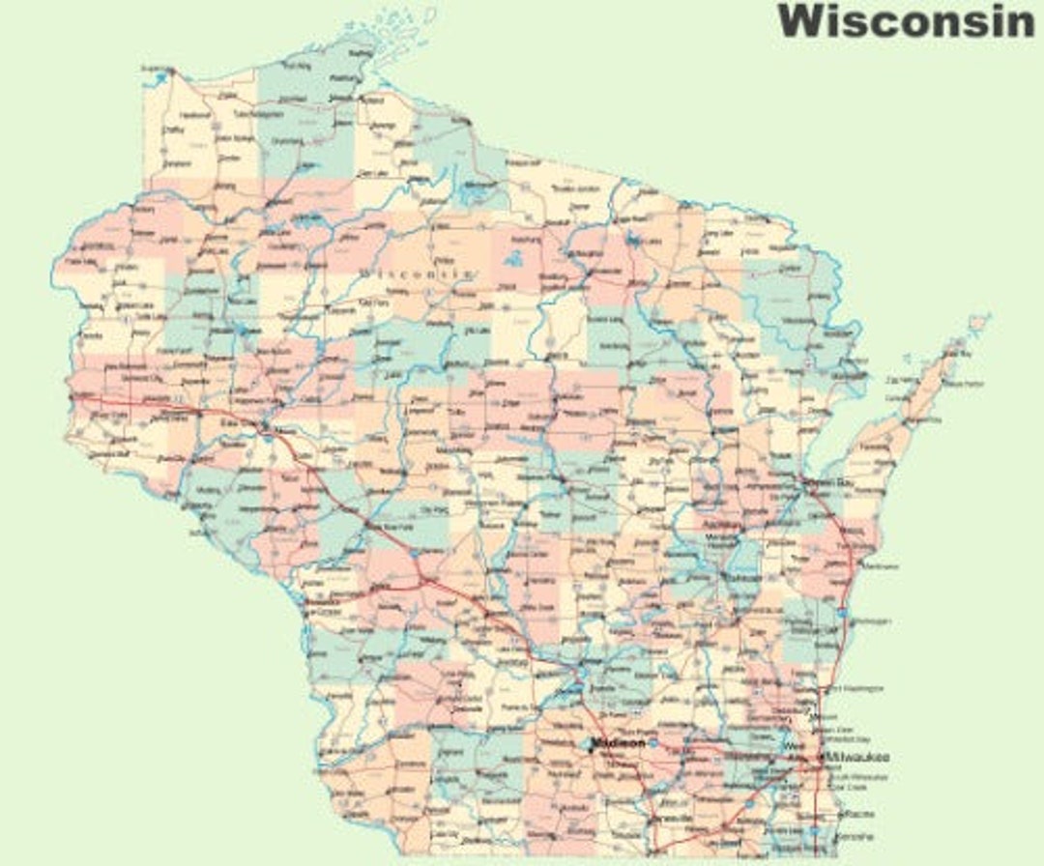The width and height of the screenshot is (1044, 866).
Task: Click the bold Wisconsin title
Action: tap(906, 21)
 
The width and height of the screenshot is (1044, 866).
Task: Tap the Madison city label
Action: tap(620, 743)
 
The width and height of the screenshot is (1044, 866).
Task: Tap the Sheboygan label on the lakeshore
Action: tap(869, 621)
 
